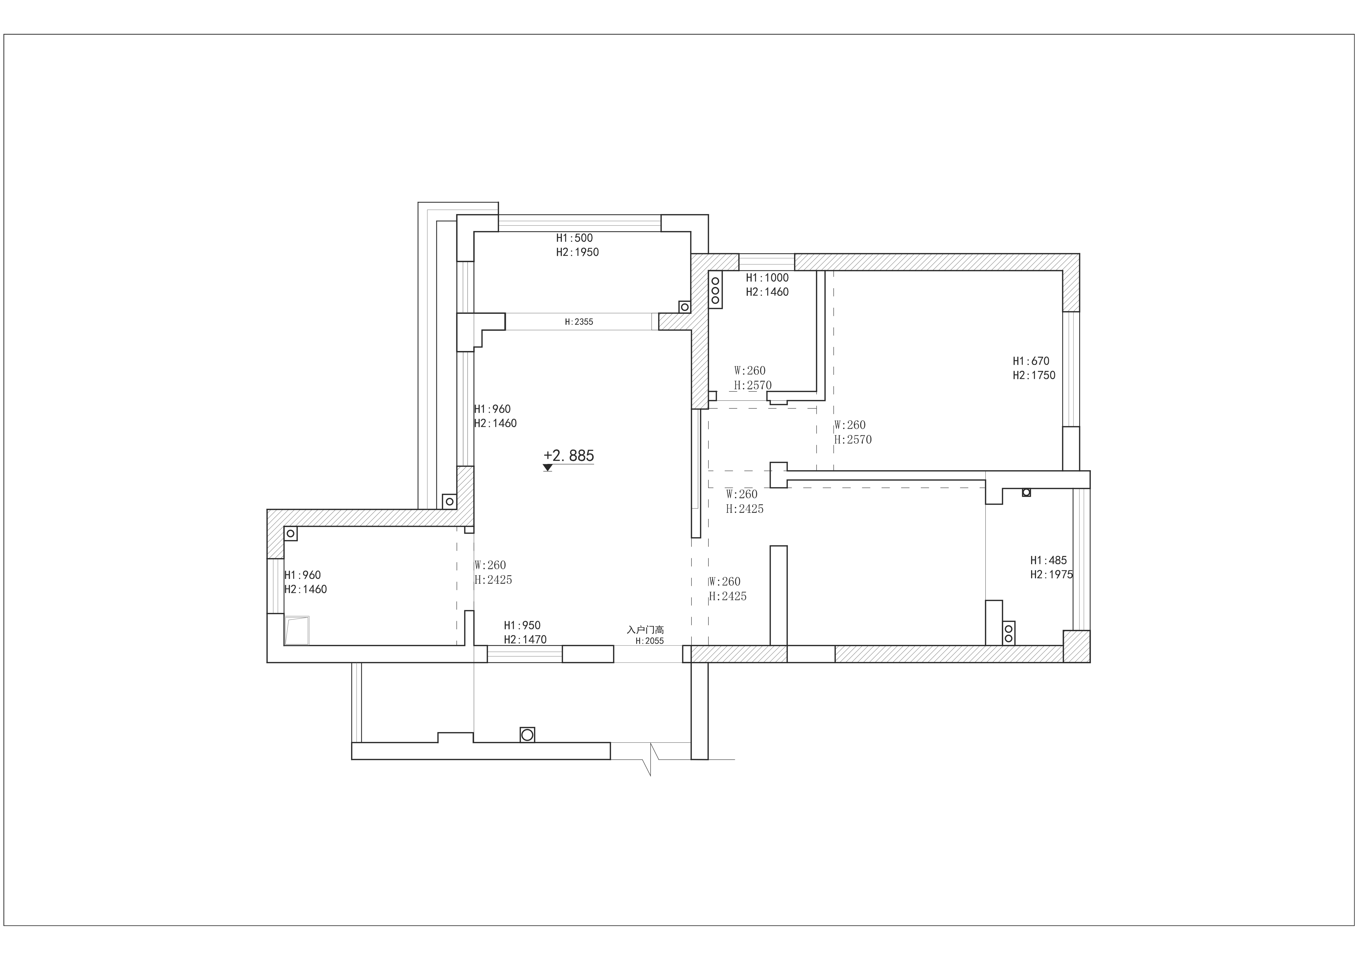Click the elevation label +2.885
point(568,455)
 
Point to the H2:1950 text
point(577,252)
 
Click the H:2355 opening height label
point(579,322)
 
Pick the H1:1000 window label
point(767,278)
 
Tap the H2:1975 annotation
point(1051,574)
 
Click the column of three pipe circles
point(715,291)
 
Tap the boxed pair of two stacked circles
point(1009,633)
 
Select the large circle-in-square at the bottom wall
point(527,735)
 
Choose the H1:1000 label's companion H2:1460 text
point(767,292)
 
